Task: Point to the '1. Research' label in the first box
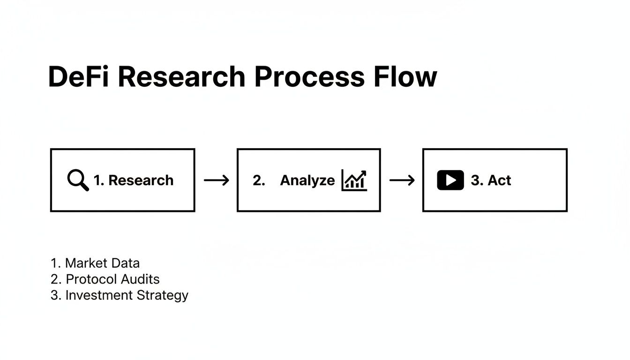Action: [x=134, y=180]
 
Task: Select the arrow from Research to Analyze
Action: [x=216, y=180]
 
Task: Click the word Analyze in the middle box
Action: [x=307, y=180]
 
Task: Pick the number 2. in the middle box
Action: [x=259, y=180]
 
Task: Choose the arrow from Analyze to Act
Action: [x=402, y=180]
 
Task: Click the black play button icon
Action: [x=450, y=180]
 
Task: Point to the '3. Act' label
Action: [x=491, y=180]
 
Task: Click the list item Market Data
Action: [x=95, y=263]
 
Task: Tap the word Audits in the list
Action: [x=140, y=279]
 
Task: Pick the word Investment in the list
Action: [x=99, y=295]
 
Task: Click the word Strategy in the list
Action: [x=162, y=296]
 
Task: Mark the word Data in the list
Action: [x=125, y=263]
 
